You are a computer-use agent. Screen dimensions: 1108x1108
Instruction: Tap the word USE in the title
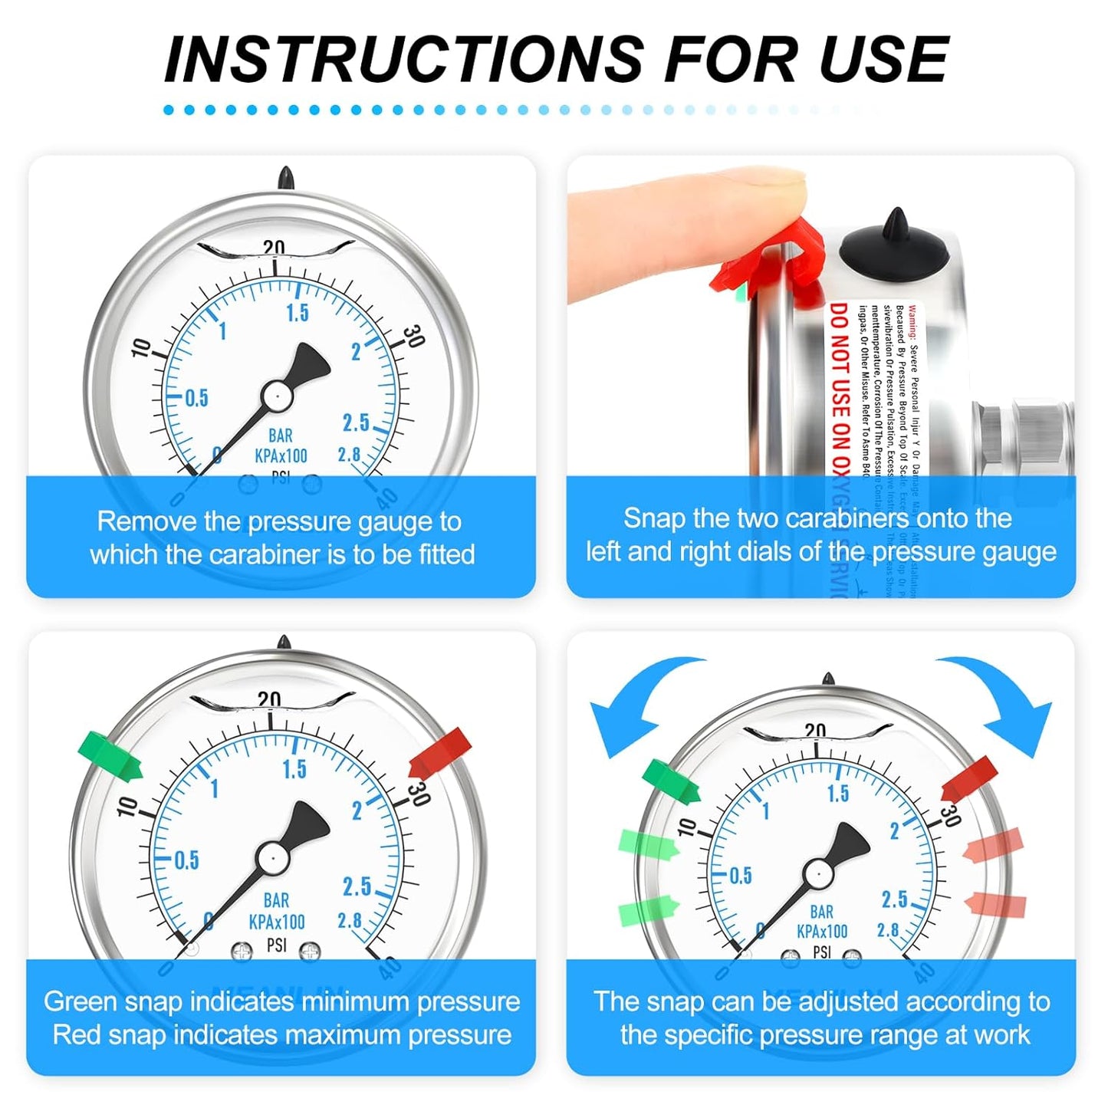884,59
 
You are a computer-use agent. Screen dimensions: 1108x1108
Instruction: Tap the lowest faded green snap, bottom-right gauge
648,909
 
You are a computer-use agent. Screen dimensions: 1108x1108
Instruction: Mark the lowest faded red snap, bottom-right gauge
997,905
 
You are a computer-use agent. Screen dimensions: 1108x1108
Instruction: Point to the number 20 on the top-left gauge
274,248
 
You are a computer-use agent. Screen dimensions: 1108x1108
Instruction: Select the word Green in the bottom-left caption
81,1001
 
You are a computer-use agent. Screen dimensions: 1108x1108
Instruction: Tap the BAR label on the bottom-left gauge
276,900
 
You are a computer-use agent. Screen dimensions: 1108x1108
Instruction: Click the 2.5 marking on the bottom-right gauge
894,899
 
